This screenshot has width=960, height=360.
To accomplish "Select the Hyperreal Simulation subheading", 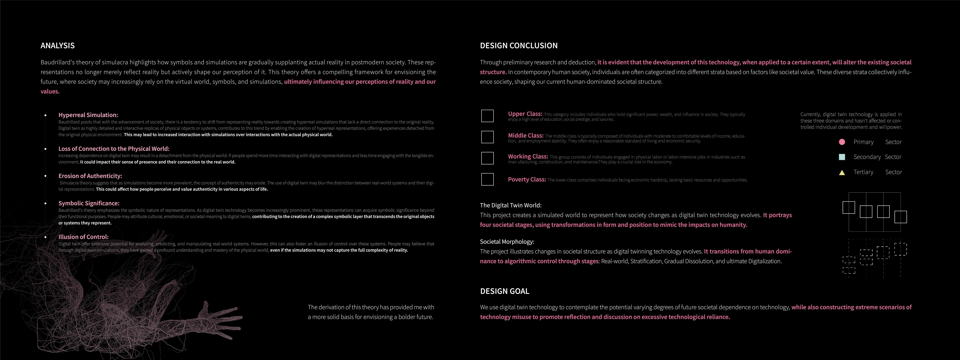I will tap(88, 115).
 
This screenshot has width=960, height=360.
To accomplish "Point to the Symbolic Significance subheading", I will tap(89, 203).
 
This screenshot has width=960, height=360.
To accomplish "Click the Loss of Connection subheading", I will tap(114, 149).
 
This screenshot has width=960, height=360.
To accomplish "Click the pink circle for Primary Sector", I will tap(841, 142).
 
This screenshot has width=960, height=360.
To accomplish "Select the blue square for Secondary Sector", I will tap(841, 157).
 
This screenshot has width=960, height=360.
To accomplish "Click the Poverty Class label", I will tap(527, 179).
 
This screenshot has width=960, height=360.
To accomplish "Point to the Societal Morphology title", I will tap(507, 241).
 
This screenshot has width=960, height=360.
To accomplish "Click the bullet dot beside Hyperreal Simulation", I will tap(45, 115).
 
